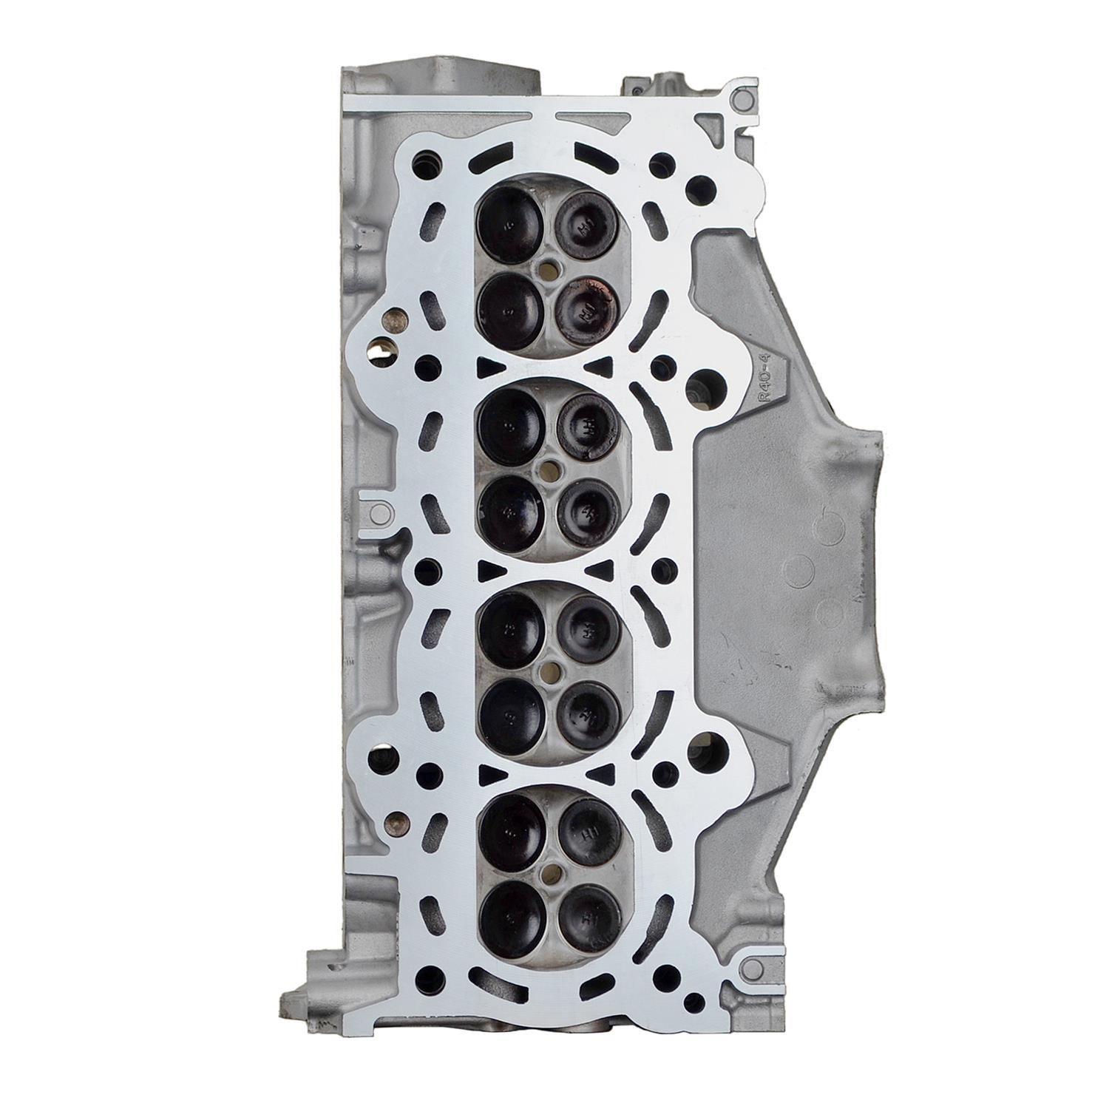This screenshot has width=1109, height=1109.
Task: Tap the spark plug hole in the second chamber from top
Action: (x=548, y=468)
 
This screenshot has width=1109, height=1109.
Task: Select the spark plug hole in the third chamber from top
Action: (x=548, y=671)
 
